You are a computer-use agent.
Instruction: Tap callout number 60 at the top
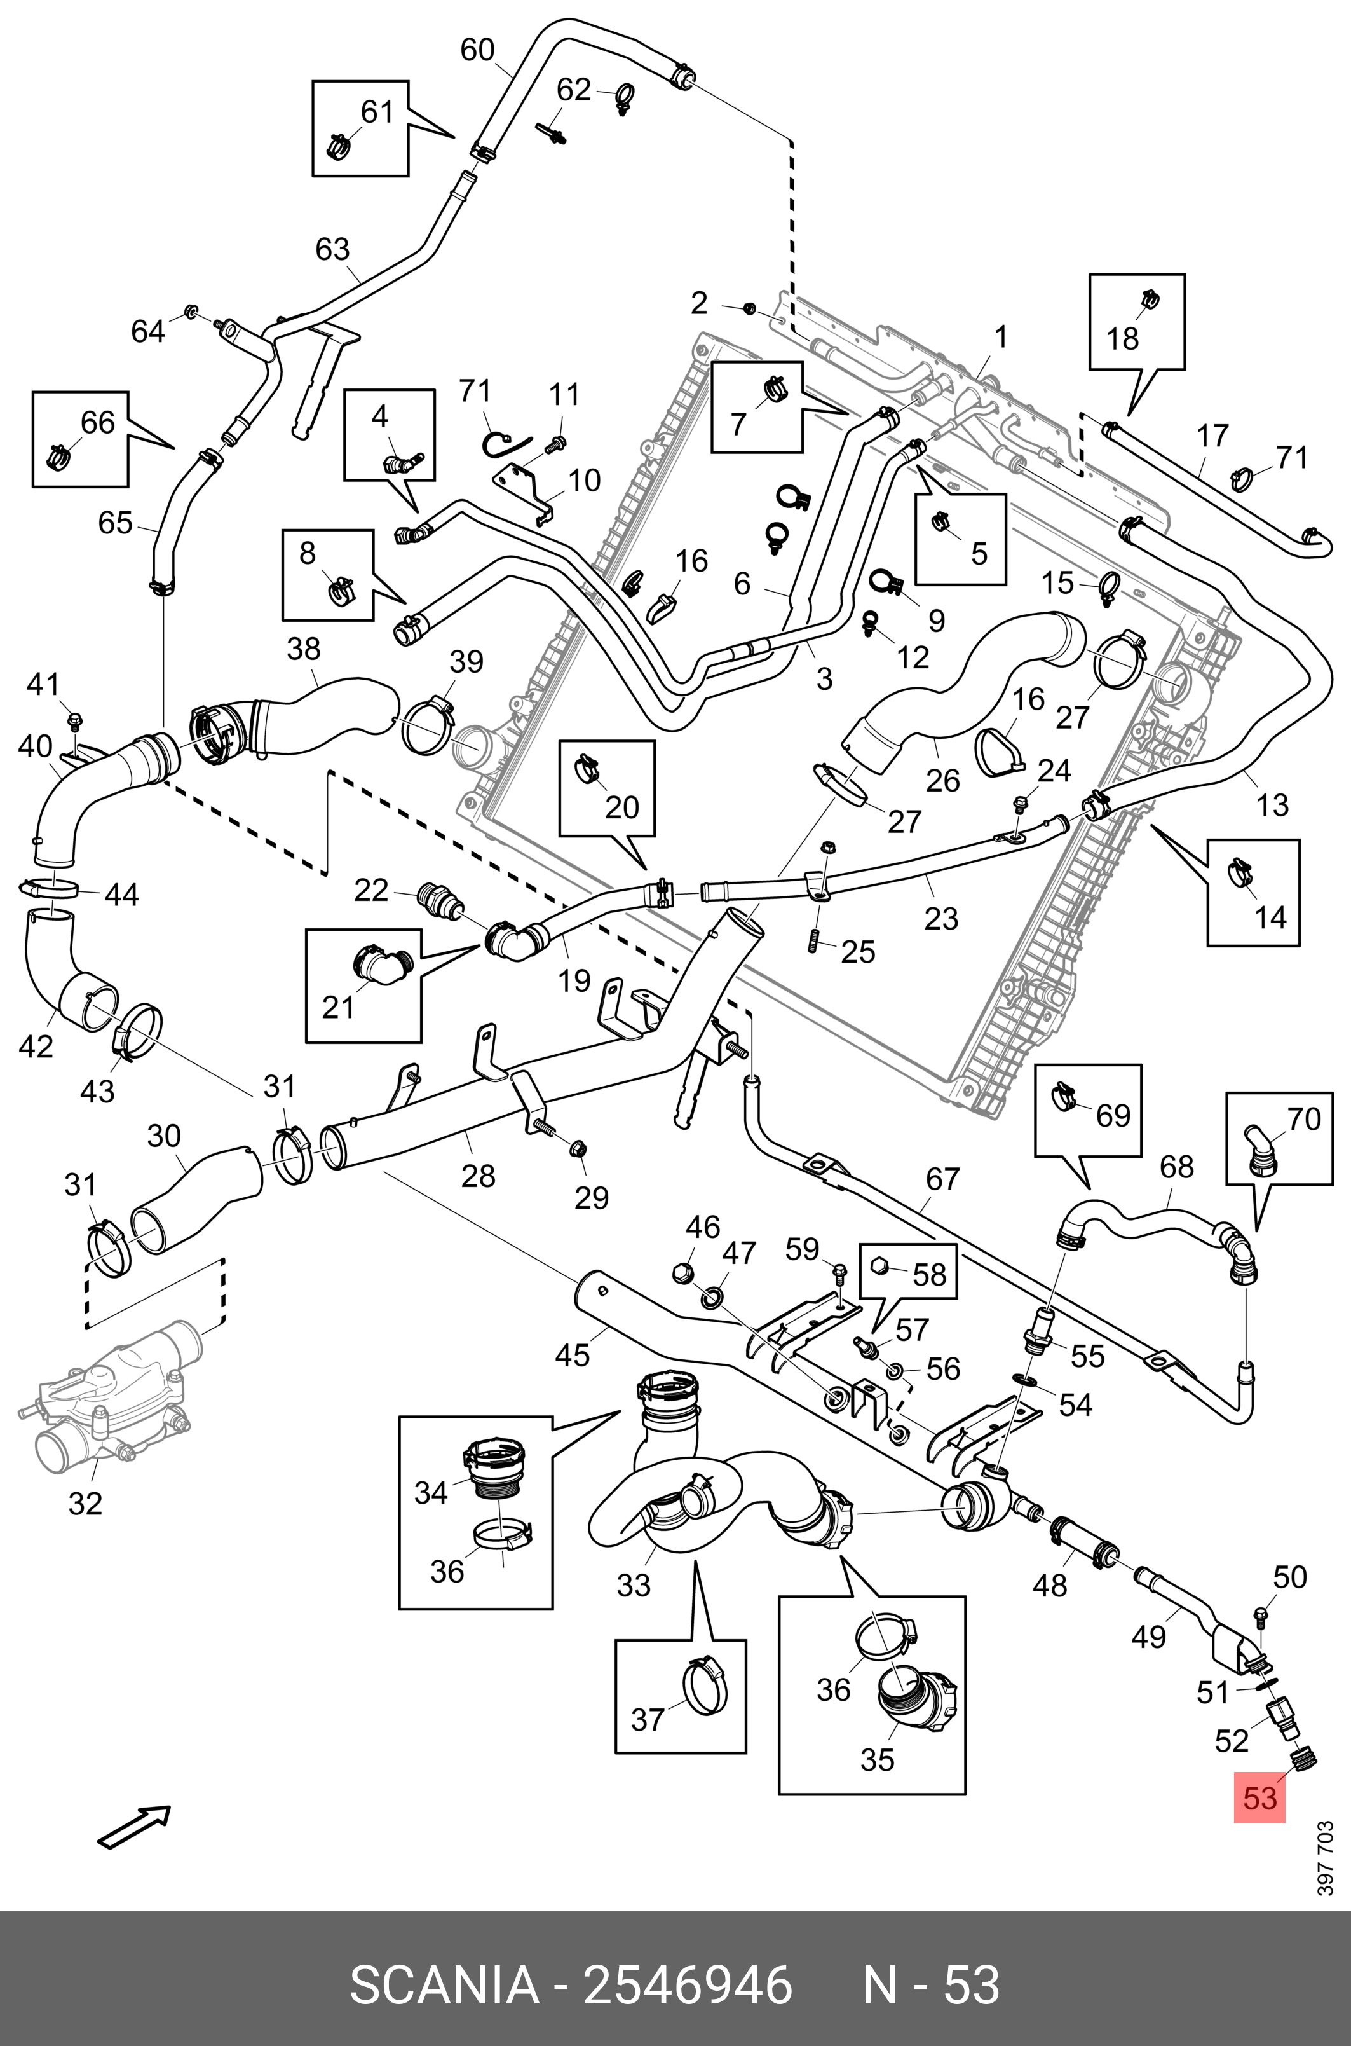point(477,50)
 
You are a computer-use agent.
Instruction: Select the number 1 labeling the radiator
point(1000,337)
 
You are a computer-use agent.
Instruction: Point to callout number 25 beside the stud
point(858,951)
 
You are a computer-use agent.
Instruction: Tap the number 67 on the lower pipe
point(942,1178)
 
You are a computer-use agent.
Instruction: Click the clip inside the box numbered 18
point(1148,299)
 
